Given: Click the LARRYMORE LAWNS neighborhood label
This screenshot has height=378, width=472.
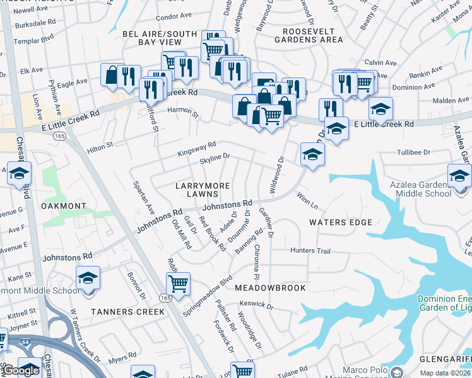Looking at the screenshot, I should pyautogui.click(x=202, y=189).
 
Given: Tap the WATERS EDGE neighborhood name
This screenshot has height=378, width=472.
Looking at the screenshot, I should pyautogui.click(x=340, y=222).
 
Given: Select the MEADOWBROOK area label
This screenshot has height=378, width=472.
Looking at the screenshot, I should pyautogui.click(x=270, y=288).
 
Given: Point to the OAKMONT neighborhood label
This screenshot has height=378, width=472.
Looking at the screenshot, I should pyautogui.click(x=62, y=206).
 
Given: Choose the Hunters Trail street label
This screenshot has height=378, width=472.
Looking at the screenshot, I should pyautogui.click(x=310, y=251).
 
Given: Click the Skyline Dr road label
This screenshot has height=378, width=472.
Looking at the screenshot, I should pyautogui.click(x=215, y=157).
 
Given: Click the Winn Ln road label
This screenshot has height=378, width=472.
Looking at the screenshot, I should pyautogui.click(x=307, y=200).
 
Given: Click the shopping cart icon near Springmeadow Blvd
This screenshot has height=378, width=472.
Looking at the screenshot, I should pyautogui.click(x=179, y=283).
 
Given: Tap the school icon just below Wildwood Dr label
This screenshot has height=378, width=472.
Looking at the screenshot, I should pyautogui.click(x=312, y=154).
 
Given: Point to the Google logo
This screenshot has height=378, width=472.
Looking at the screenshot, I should pyautogui.click(x=20, y=370).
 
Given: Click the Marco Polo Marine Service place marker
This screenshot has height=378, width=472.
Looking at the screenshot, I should pyautogui.click(x=396, y=372).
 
